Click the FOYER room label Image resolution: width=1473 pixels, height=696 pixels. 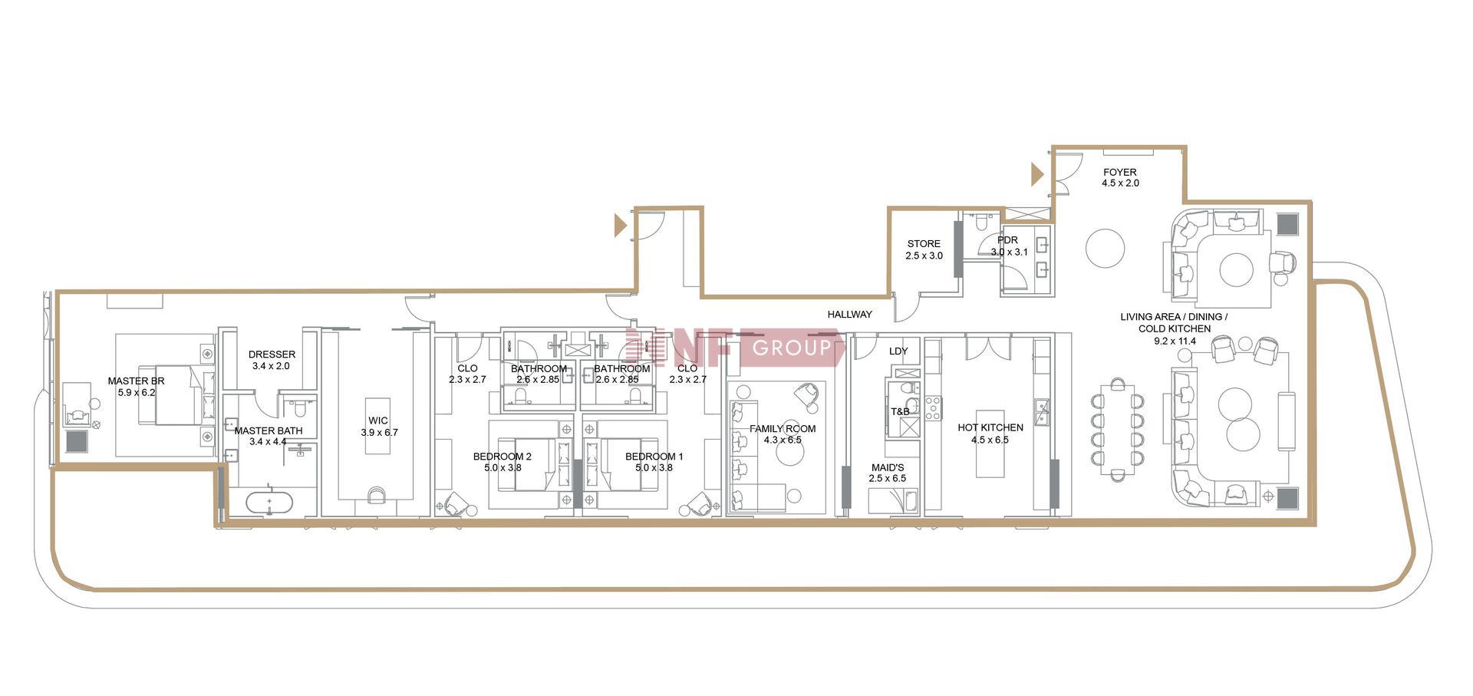1120,172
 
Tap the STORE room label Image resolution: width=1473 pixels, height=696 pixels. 924,243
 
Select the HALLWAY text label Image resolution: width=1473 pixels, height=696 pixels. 849,314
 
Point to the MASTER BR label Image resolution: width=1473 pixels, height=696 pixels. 136,381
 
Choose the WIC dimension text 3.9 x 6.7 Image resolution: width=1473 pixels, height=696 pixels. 379,432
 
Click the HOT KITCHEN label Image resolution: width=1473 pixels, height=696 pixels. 990,427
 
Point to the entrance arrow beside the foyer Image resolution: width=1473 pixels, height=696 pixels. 1037,175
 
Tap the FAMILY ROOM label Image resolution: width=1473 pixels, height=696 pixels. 783,429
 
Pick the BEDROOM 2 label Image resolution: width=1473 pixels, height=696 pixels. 503,457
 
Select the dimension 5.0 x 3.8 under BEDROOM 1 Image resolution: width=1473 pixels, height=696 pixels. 654,467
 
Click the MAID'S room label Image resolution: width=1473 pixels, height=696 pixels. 888,467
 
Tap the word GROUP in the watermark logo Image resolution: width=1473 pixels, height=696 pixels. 792,348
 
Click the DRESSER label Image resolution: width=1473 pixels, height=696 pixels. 272,355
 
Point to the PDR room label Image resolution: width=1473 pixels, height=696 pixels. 1007,240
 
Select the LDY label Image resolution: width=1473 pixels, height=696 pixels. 898,351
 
